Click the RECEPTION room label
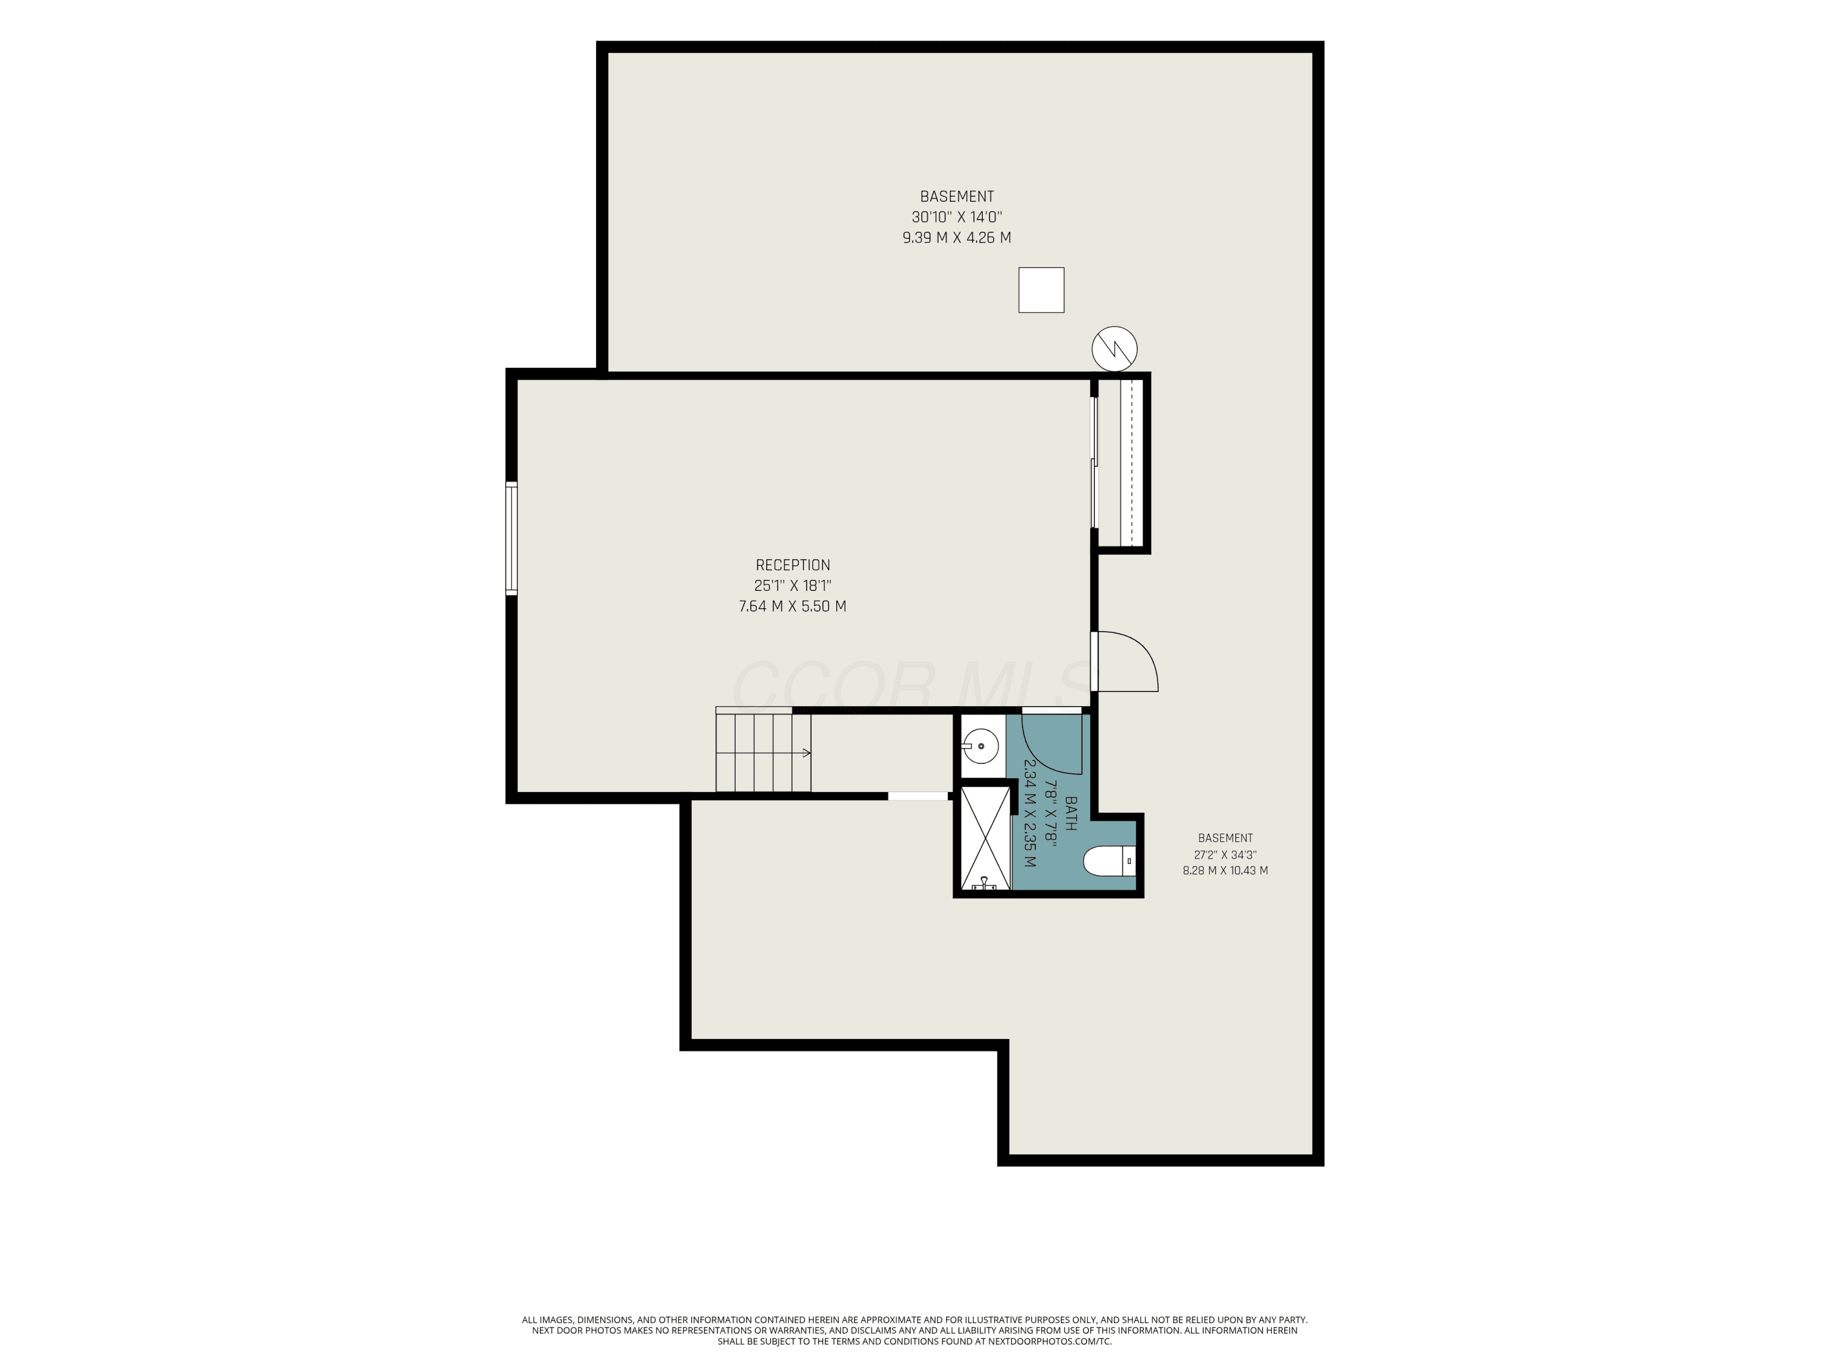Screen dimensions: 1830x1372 click(792, 565)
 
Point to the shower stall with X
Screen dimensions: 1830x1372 click(985, 838)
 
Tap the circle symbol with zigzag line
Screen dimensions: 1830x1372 click(1114, 348)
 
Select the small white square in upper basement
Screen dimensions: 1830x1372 click(1041, 290)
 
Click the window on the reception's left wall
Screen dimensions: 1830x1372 click(511, 538)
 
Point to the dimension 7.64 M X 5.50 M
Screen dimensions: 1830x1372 click(792, 606)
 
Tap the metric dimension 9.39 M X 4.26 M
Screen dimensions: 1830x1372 click(956, 237)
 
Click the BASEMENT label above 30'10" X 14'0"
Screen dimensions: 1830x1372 click(956, 197)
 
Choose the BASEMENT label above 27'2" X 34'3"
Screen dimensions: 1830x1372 click(1225, 838)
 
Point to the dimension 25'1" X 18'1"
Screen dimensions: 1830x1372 click(792, 585)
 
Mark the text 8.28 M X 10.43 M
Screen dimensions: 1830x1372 click(1225, 870)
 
